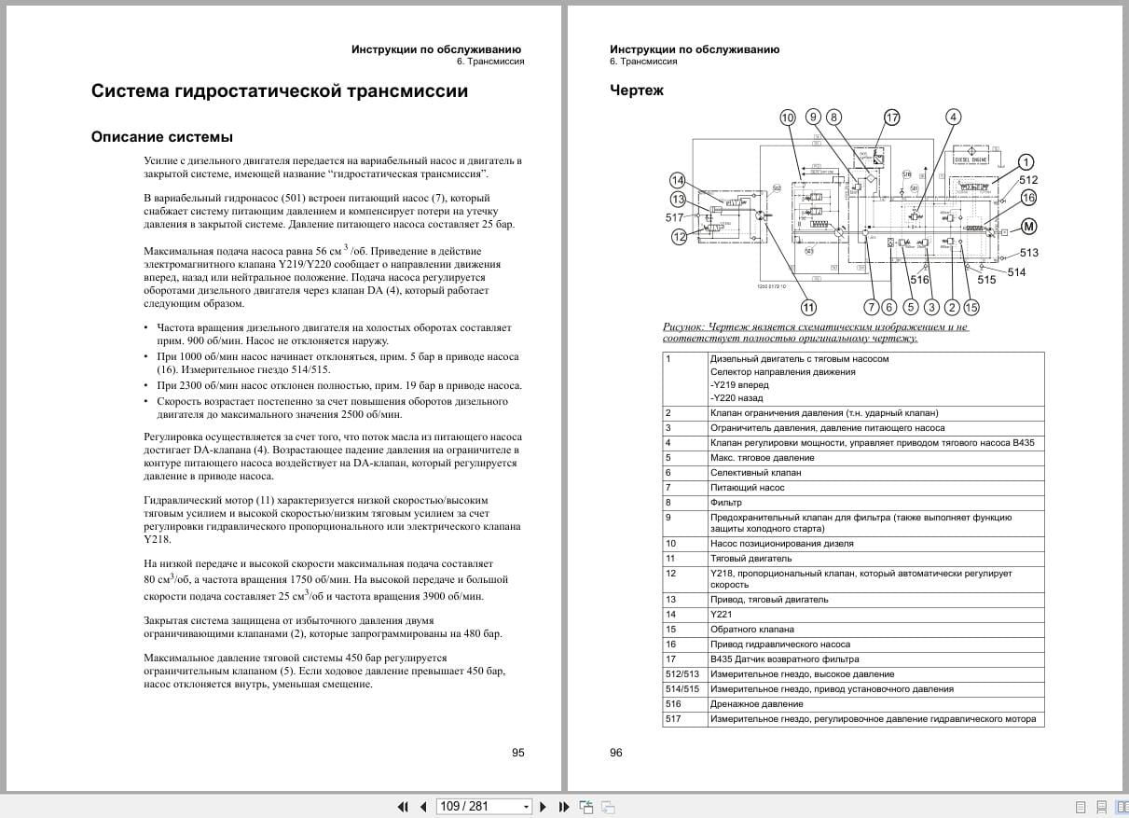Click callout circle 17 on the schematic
click(x=892, y=118)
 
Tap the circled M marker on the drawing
click(x=1028, y=226)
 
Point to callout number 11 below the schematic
click(x=808, y=307)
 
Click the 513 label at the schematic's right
click(x=1028, y=253)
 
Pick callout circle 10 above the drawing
click(x=788, y=118)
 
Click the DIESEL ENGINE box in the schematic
click(x=971, y=159)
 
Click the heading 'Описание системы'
click(x=162, y=137)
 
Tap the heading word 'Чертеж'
click(x=637, y=90)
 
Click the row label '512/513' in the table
click(x=682, y=674)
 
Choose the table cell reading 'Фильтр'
click(x=727, y=503)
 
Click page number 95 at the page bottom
click(x=518, y=753)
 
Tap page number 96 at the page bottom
click(x=616, y=753)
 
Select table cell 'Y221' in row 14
click(x=721, y=615)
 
